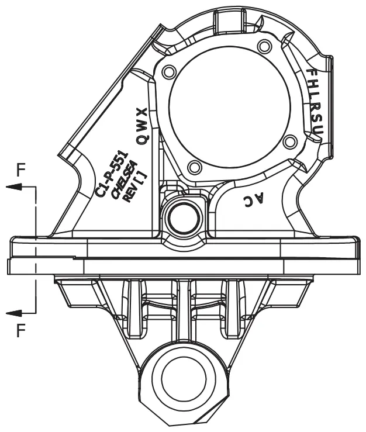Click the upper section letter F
(x=21, y=170)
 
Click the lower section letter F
(x=21, y=330)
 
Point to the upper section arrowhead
(x=14, y=187)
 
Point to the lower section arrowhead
(x=14, y=313)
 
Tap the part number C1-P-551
(x=112, y=174)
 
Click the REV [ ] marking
(x=135, y=188)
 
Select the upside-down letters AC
(x=254, y=199)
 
